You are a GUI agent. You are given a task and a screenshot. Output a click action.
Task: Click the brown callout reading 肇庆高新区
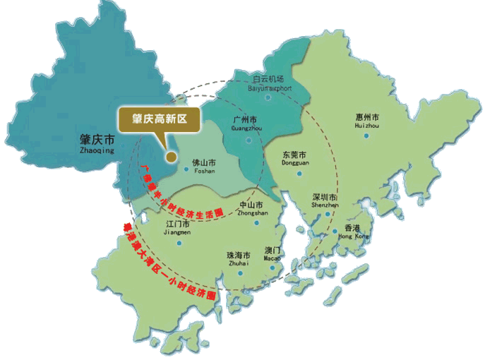click(160, 118)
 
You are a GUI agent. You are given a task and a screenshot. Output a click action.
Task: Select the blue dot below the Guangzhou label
click(247, 140)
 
